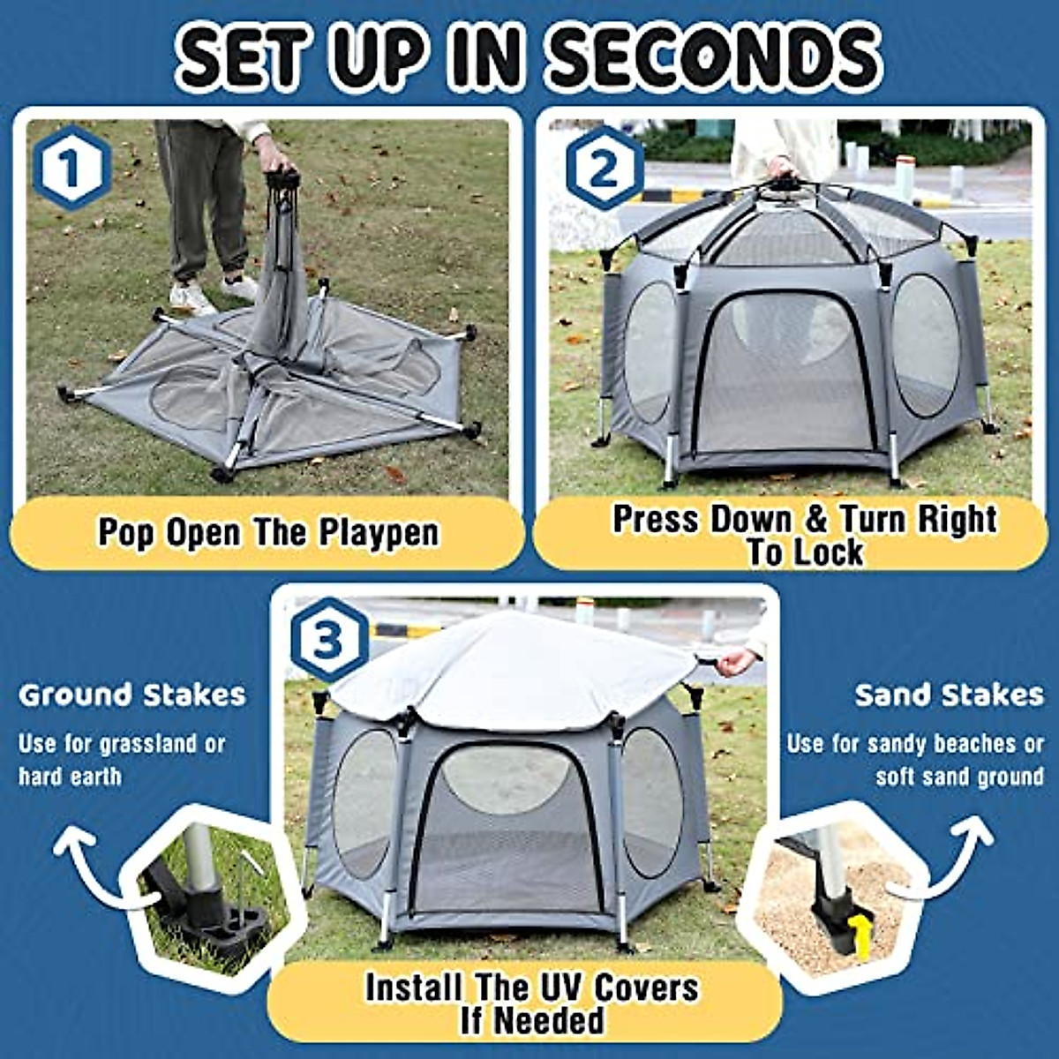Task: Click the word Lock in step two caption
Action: coord(828,553)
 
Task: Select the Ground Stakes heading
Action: coord(132,695)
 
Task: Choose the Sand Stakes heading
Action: coord(949,695)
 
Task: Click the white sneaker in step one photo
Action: coord(190,298)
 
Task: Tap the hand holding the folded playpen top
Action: coord(274,161)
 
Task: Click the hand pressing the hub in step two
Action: coord(780,168)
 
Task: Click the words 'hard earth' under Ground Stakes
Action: coord(70,777)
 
